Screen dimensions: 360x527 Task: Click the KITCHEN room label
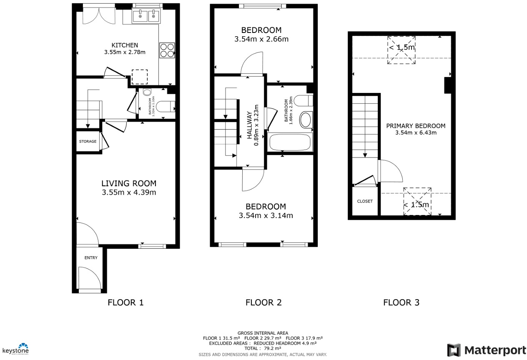tap(125, 45)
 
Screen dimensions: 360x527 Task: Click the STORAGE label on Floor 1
tap(88, 142)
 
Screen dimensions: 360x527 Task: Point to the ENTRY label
tap(91, 258)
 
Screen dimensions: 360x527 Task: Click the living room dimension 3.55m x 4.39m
tap(129, 192)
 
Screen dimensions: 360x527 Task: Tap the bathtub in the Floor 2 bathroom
tap(290, 143)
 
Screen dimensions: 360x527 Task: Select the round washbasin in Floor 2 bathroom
tap(306, 120)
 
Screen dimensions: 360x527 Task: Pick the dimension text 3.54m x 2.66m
tap(261, 40)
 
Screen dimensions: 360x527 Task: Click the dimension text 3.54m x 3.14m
tap(266, 216)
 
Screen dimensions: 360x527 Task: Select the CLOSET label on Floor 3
tap(365, 201)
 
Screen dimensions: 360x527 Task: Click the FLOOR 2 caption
tap(263, 302)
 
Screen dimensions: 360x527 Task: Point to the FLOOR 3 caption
tap(401, 302)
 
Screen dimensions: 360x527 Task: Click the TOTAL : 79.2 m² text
tap(263, 348)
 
